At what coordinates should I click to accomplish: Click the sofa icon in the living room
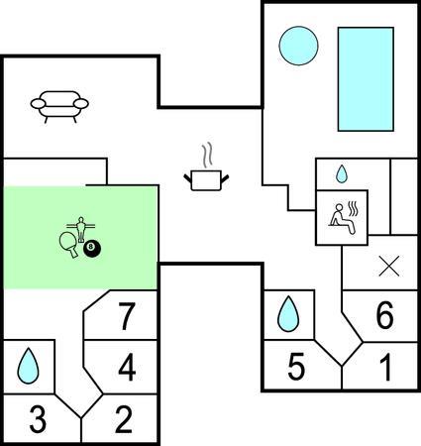pyautogui.click(x=59, y=106)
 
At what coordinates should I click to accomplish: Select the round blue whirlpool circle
pyautogui.click(x=298, y=46)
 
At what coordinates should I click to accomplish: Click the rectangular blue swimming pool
pyautogui.click(x=366, y=79)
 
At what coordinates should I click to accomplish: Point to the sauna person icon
pyautogui.click(x=344, y=218)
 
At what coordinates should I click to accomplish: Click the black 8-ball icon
pyautogui.click(x=92, y=249)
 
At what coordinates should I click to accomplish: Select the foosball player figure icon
pyautogui.click(x=81, y=229)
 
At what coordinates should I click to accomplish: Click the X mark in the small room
pyautogui.click(x=389, y=266)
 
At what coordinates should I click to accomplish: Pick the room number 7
pyautogui.click(x=127, y=316)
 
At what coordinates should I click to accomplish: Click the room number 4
pyautogui.click(x=127, y=367)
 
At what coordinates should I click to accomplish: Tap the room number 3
pyautogui.click(x=38, y=419)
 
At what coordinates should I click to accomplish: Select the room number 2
pyautogui.click(x=124, y=419)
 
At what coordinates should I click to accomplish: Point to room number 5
pyautogui.click(x=296, y=367)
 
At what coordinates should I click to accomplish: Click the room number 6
pyautogui.click(x=385, y=315)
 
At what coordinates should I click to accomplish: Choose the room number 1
pyautogui.click(x=385, y=367)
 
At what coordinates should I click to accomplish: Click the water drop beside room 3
pyautogui.click(x=28, y=368)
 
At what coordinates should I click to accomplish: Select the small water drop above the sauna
pyautogui.click(x=342, y=174)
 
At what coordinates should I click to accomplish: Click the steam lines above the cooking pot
pyautogui.click(x=207, y=155)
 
